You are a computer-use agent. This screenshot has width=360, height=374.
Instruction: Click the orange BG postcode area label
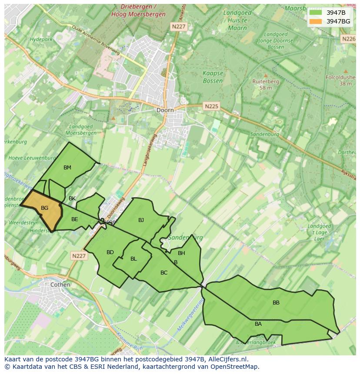pos(44,208)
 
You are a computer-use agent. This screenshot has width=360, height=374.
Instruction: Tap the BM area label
pos(67,168)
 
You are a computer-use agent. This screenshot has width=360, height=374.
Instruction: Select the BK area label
pos(72,199)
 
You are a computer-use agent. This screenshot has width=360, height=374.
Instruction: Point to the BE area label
pos(74,219)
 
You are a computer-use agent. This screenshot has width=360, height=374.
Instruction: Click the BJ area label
pos(141,220)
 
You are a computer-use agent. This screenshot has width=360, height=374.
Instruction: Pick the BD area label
pos(110,252)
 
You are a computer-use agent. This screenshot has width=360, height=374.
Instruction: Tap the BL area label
pos(133,259)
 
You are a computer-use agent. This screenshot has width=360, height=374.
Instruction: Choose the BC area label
pos(164,273)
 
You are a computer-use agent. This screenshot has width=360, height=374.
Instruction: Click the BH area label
pos(181,253)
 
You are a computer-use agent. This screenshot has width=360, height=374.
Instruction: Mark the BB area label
pos(276,303)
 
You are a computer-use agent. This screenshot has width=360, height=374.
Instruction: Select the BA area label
pos(258,324)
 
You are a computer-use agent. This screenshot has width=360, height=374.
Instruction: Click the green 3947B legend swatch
pos(316,12)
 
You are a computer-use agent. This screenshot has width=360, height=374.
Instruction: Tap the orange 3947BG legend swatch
pos(316,21)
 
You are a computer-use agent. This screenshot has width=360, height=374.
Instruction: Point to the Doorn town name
pos(165,110)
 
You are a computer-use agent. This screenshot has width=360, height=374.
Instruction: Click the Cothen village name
pos(60,285)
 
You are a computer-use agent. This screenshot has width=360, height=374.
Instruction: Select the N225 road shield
pos(212,106)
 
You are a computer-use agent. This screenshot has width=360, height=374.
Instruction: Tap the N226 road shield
pos(349,39)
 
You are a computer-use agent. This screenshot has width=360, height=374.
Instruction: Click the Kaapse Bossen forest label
pos(213,77)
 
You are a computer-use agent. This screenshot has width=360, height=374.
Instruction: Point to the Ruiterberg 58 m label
pos(266,84)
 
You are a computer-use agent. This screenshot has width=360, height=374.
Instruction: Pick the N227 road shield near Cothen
pos(79,256)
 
